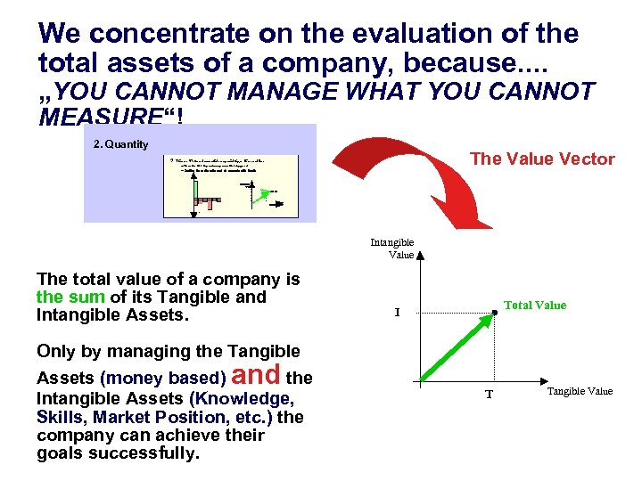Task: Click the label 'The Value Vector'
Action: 541,159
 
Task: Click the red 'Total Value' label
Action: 535,306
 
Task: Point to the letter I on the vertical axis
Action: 398,313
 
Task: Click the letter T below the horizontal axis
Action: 489,395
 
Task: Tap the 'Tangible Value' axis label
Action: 580,391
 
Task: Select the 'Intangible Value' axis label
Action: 392,249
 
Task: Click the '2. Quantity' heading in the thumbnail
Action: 120,144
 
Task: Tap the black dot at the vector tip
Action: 495,313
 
